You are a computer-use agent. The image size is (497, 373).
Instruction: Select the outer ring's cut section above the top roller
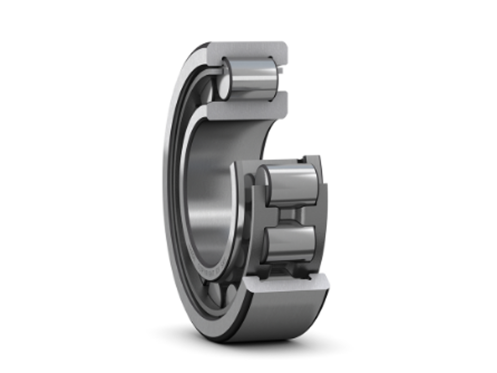coord(248,50)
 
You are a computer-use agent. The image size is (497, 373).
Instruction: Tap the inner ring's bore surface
coord(206,194)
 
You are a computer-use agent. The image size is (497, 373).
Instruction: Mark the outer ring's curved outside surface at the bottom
coord(272,316)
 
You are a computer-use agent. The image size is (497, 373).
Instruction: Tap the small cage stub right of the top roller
coord(280,70)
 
